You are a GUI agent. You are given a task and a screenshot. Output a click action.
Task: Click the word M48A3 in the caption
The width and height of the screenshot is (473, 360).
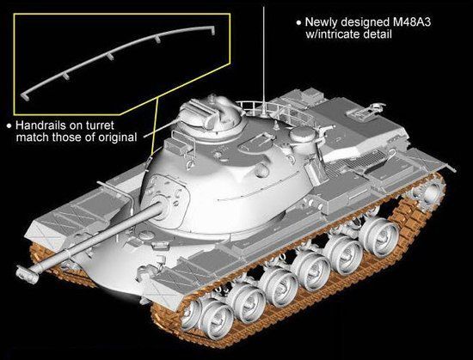coord(408,22)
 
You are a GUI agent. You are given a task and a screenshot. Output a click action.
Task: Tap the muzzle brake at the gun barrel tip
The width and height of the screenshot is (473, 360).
coord(28,273)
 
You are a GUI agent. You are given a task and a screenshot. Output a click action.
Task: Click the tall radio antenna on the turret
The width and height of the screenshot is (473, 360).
coord(264,60)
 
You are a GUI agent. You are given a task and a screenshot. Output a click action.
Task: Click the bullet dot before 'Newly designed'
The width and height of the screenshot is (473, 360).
coord(298,22)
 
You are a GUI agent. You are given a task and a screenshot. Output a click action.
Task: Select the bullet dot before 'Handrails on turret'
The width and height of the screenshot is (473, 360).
coord(9,125)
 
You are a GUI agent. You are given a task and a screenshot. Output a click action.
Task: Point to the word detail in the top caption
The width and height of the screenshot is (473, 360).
coord(378,34)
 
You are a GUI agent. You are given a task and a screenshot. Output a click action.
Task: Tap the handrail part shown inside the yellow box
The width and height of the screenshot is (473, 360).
coord(119,60)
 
